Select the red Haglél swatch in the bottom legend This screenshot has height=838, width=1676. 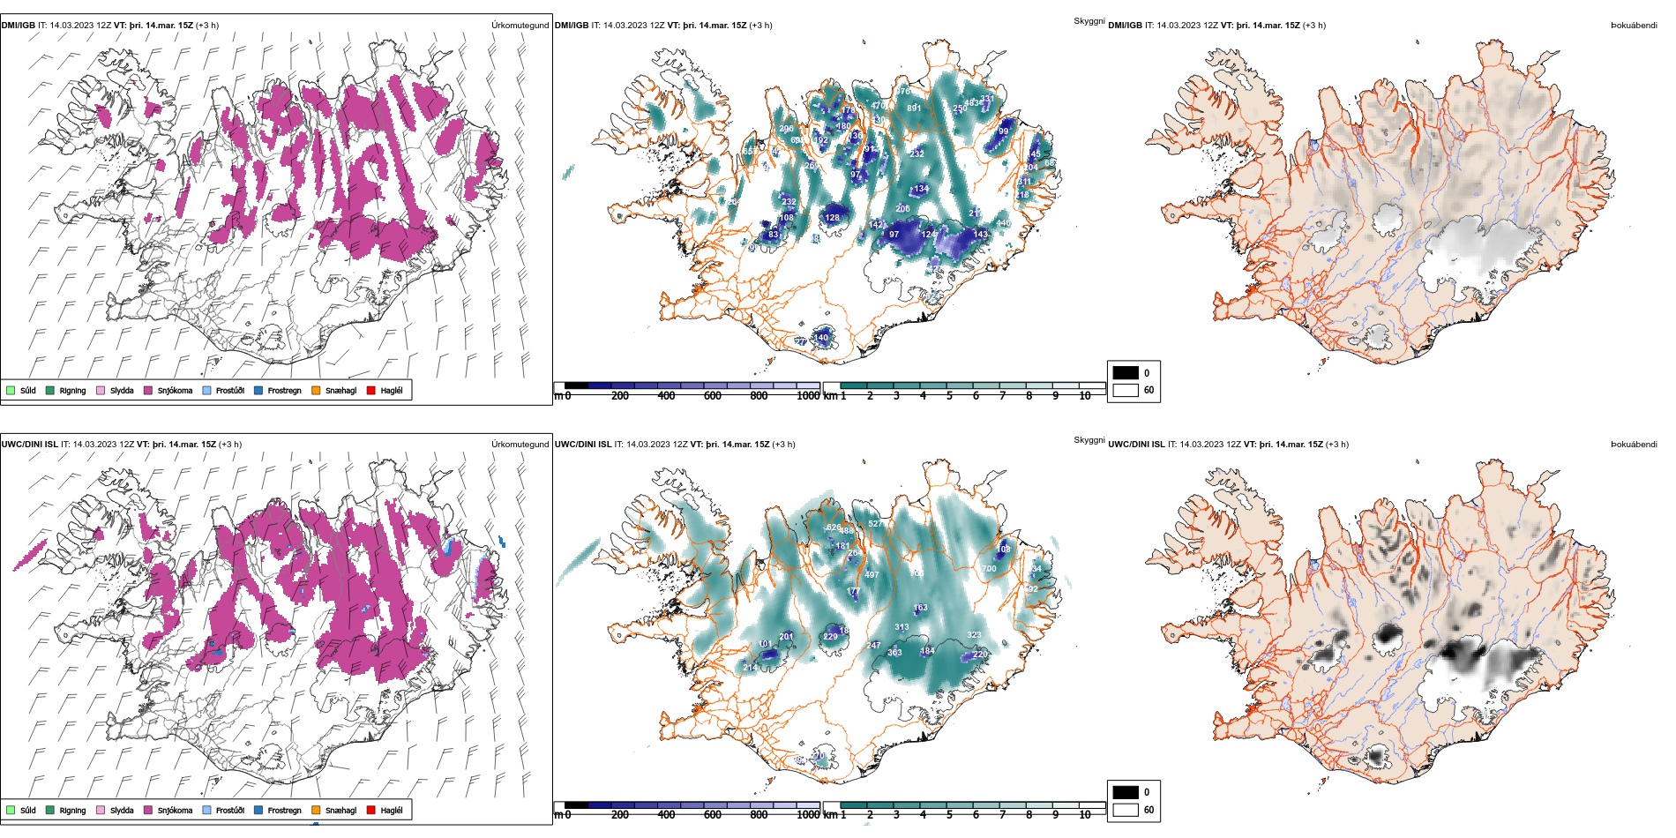point(371,810)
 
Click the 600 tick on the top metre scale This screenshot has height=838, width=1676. point(713,396)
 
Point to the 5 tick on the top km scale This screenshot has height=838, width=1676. point(949,396)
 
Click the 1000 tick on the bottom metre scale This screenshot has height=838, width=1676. point(808,815)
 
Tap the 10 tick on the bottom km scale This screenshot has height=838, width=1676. point(1085,815)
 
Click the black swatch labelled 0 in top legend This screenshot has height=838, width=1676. point(1126,373)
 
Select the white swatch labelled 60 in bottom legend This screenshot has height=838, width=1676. point(1126,809)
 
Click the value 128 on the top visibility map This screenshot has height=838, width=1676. point(833,218)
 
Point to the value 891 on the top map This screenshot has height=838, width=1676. point(914,108)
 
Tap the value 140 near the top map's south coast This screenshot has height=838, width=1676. point(821,337)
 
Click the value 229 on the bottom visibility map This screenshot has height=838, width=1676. point(830,637)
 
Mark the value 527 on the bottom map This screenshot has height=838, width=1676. point(875,524)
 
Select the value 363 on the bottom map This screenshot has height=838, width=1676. point(894,653)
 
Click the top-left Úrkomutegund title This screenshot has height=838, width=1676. point(520,26)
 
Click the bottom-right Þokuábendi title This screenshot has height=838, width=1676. point(1634,445)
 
